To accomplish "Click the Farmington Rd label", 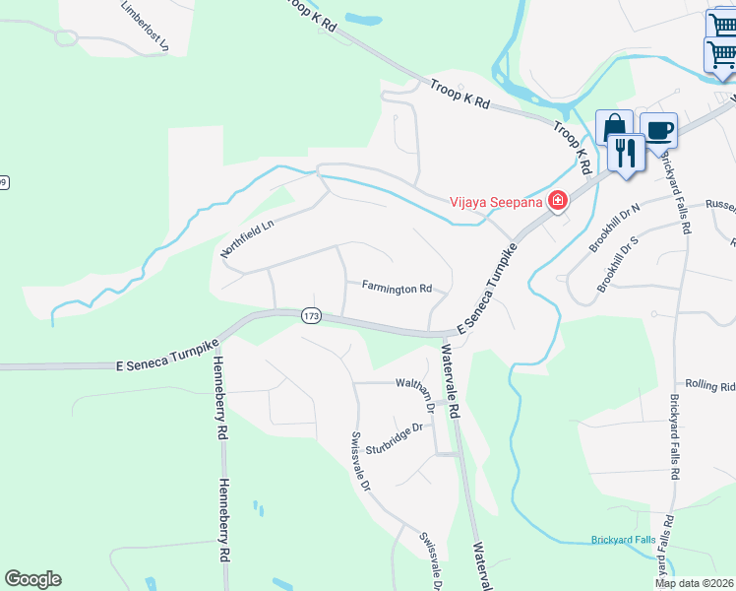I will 397,289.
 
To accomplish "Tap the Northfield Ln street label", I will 246,239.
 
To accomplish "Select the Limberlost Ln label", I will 145,26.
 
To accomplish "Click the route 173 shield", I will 311,315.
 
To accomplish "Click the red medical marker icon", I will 558,201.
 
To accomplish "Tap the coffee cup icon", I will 658,129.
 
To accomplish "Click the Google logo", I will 32,579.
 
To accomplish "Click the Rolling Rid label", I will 710,385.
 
